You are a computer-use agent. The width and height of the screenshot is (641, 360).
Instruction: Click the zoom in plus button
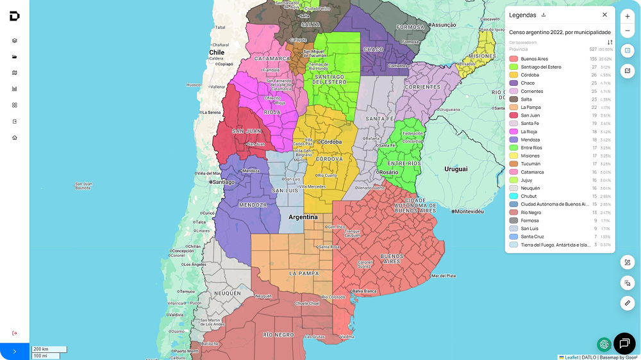click(627, 16)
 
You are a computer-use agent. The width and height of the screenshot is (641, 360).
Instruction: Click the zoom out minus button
click(627, 31)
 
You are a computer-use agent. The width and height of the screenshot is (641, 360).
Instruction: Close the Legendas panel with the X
click(604, 15)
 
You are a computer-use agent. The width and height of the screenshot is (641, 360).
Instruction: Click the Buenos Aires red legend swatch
click(513, 59)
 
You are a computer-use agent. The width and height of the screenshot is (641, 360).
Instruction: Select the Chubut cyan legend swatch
click(513, 196)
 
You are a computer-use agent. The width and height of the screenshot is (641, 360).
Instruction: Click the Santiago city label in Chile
click(222, 182)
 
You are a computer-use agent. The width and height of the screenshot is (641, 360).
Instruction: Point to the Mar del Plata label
click(444, 276)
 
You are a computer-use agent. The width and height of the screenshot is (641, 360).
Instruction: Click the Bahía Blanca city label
click(364, 291)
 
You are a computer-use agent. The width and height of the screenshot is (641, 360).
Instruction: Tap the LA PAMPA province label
click(304, 274)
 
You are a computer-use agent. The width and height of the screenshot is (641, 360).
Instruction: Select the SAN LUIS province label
click(285, 190)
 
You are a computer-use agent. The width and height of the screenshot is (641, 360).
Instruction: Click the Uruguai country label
click(456, 169)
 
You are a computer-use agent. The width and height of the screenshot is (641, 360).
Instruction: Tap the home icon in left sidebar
click(15, 137)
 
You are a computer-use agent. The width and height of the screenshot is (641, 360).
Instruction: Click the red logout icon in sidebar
click(15, 333)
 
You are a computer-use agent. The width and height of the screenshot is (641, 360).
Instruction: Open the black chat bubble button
click(624, 343)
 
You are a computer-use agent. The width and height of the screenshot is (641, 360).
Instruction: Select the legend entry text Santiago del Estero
click(541, 67)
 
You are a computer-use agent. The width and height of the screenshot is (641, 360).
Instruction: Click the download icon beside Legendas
click(544, 15)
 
